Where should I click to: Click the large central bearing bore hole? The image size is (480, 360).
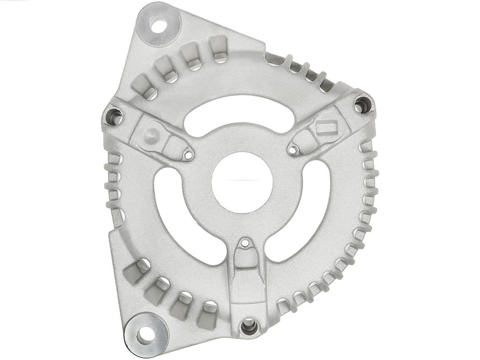pyautogui.click(x=242, y=182)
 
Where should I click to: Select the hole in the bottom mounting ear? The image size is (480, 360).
pyautogui.click(x=145, y=335)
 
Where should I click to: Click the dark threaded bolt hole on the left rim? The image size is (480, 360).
pyautogui.click(x=114, y=117)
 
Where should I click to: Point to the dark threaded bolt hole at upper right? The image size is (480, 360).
pyautogui.click(x=362, y=105)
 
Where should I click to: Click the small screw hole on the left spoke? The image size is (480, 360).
pyautogui.click(x=188, y=155)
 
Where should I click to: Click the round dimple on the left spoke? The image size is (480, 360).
pyautogui.click(x=151, y=135)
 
